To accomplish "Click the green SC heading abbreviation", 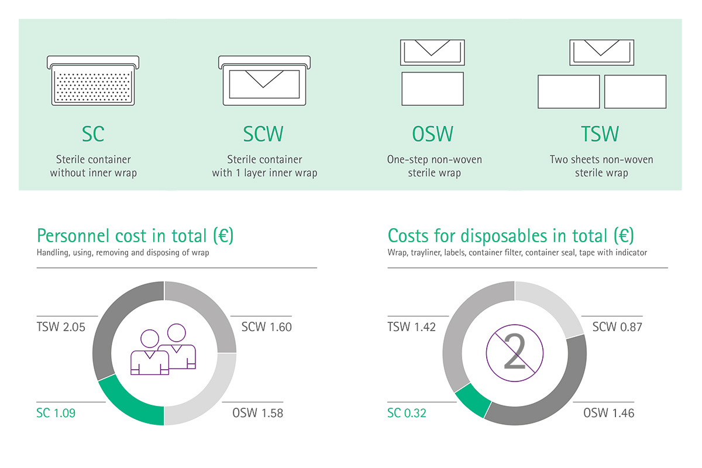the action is coord(93,134).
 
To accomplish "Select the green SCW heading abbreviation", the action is coord(263,134).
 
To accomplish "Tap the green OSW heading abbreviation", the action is coord(432,134).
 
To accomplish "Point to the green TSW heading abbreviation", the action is coord(600,134).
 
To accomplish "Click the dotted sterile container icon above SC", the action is coord(93,81).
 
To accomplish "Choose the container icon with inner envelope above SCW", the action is coord(264,81).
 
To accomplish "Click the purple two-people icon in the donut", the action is coord(163,349).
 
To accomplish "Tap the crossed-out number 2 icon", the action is coord(515,353).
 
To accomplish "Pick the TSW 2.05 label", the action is coord(61,327).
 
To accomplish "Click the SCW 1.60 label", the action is coord(266,327).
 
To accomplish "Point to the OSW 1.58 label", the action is coord(257,413).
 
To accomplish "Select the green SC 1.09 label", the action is coord(56,413).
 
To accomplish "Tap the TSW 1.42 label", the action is coord(411,327).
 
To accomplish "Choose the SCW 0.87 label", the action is coord(617,327).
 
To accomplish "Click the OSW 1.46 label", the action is coord(608,413).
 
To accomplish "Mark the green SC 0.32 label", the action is coord(407,413).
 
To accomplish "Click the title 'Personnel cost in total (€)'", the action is coord(135,236).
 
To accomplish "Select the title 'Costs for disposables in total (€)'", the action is coord(511,236).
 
